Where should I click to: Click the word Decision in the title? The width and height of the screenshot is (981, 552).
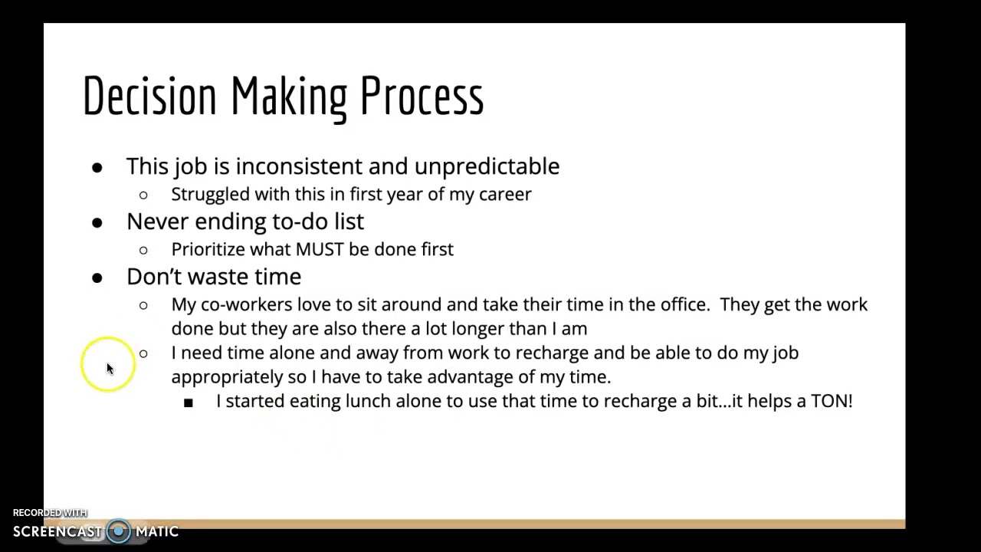pyautogui.click(x=149, y=97)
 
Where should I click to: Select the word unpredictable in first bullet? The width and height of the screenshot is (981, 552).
pyautogui.click(x=487, y=166)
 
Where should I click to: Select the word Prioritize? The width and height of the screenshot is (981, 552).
pyautogui.click(x=208, y=250)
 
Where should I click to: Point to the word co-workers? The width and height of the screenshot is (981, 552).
pyautogui.click(x=246, y=304)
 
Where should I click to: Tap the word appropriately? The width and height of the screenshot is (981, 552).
pyautogui.click(x=227, y=377)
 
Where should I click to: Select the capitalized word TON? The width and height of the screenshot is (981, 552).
pyautogui.click(x=832, y=401)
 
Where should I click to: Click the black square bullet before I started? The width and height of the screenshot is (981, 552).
pyautogui.click(x=189, y=402)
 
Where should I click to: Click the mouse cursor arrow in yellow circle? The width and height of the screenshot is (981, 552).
pyautogui.click(x=110, y=369)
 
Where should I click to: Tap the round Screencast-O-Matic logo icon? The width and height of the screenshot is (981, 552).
pyautogui.click(x=119, y=531)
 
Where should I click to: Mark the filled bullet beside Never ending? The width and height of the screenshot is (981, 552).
pyautogui.click(x=97, y=223)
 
